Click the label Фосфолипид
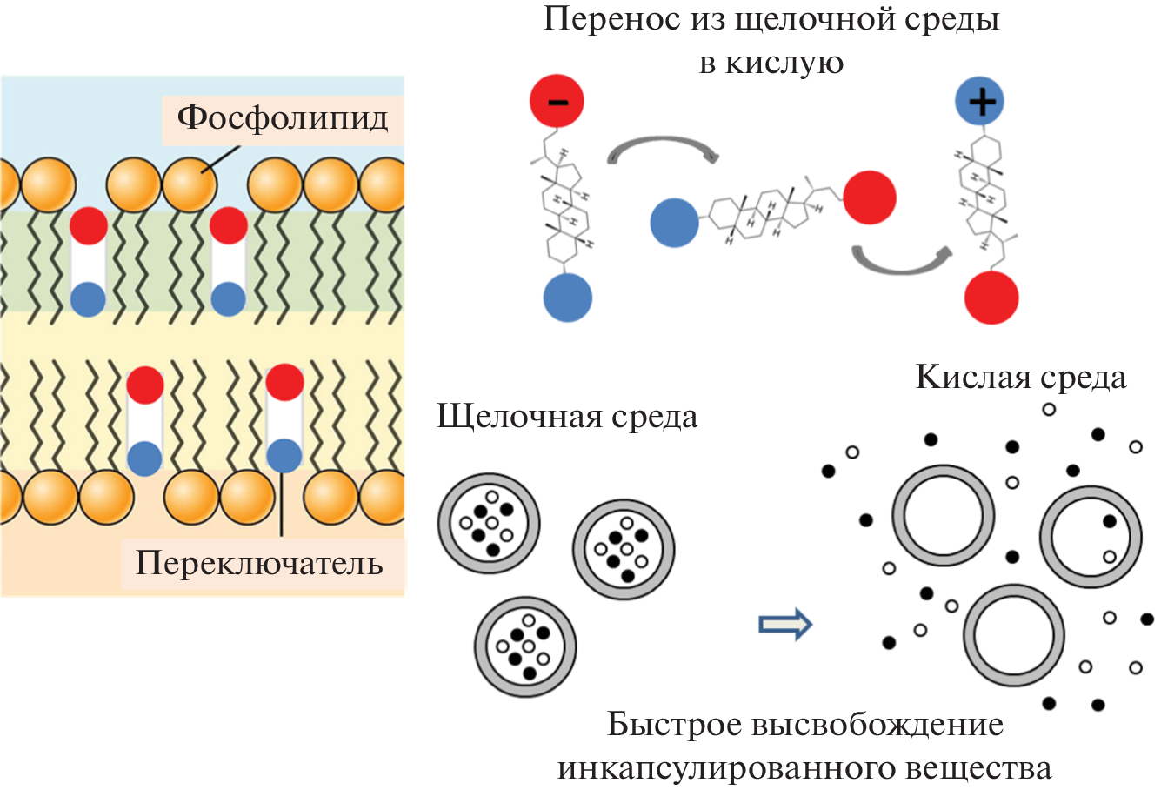coord(283,117)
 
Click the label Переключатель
coord(259,563)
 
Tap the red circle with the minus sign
coord(557,101)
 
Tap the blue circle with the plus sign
coord(980,102)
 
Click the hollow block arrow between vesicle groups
coord(784,623)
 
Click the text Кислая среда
coord(1020,377)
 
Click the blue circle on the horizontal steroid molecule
coord(675,223)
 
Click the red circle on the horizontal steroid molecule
coord(869,197)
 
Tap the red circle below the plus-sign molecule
coord(991,298)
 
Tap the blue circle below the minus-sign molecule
coord(567,298)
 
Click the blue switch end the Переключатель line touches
coord(283,455)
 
